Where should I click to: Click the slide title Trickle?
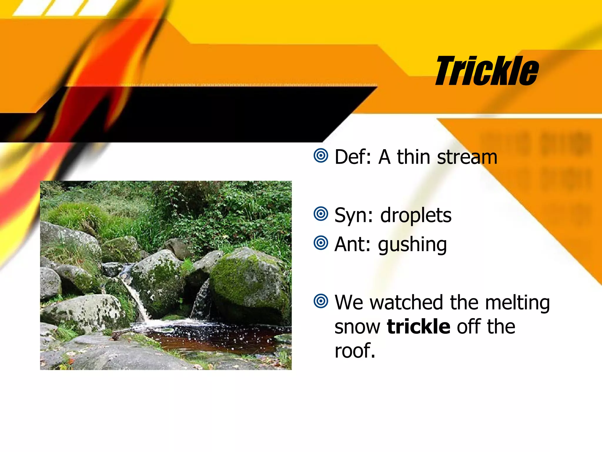487,71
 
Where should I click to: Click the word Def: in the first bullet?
353,157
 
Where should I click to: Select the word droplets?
416,216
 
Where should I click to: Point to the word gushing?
412,245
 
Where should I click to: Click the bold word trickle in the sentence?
419,326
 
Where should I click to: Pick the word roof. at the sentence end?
355,351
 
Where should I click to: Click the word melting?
517,303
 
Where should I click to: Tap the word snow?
357,327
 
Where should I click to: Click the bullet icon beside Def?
321,155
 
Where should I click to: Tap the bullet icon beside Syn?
321,214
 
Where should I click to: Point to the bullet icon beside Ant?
321,243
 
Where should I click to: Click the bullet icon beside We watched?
321,301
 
